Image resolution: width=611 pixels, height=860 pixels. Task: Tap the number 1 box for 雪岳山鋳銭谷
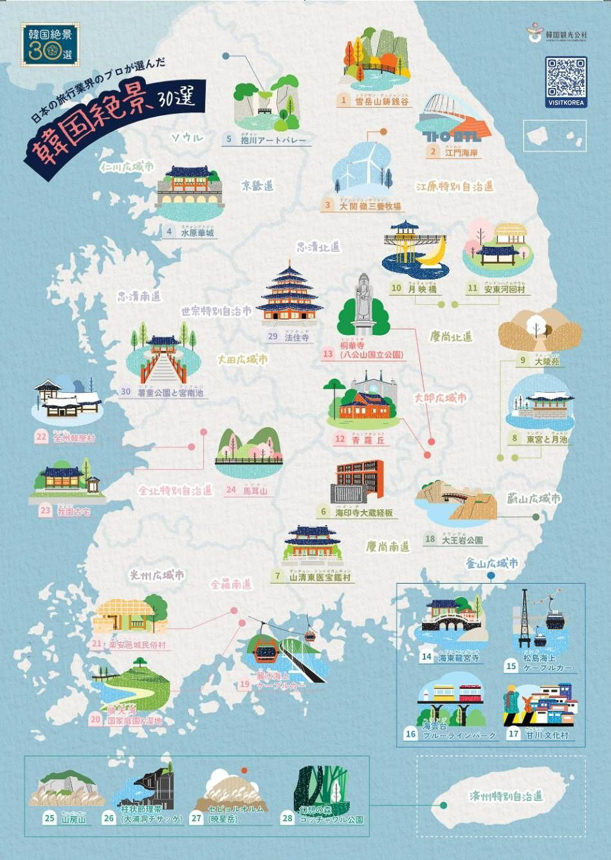pos(344,100)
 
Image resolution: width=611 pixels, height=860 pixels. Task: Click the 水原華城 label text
pos(197,233)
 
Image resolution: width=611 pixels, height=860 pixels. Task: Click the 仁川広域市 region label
pos(127,167)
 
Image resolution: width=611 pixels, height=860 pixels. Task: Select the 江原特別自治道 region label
pos(455,186)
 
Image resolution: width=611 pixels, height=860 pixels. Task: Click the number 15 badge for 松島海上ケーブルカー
pos(511,666)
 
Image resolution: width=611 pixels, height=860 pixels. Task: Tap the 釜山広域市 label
pos(493,564)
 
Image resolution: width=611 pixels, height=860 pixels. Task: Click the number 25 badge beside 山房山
pos(50,818)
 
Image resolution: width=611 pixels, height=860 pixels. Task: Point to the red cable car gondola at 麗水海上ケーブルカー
pos(266,650)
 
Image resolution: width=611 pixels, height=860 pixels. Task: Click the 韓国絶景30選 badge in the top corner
pos(50,45)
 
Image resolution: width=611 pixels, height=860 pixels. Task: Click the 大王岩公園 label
pos(462,540)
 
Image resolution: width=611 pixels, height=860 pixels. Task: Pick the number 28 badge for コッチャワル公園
pos(287,818)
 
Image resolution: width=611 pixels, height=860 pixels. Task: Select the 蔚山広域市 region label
pos(534,498)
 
